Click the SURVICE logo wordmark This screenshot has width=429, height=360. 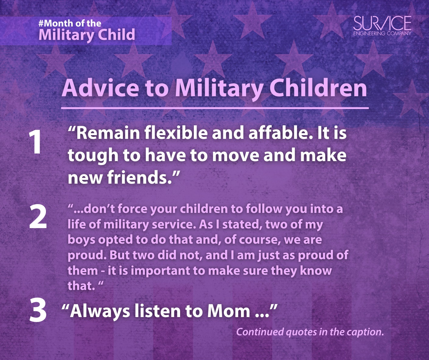[382, 23]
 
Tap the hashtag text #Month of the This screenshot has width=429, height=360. [70, 23]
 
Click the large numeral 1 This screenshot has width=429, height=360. [35, 142]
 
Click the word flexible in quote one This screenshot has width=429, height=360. [176, 133]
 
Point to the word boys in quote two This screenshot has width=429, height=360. [81, 240]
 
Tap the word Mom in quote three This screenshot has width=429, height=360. [228, 311]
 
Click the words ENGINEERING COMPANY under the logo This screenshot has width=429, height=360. [382, 33]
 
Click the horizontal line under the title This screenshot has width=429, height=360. [215, 108]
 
